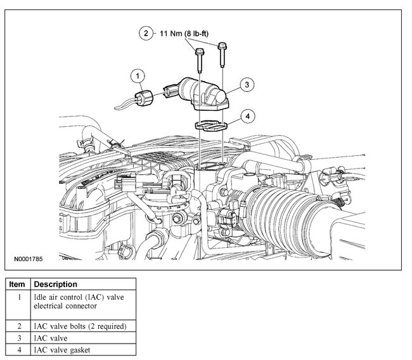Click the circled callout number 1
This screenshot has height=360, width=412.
click(x=136, y=77)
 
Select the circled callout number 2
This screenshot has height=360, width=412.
click(x=146, y=32)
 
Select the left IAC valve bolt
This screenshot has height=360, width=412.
click(x=200, y=60)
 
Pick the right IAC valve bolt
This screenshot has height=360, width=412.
click(x=222, y=54)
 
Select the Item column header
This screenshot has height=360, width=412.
click(x=18, y=285)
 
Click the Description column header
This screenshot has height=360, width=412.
click(x=55, y=285)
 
